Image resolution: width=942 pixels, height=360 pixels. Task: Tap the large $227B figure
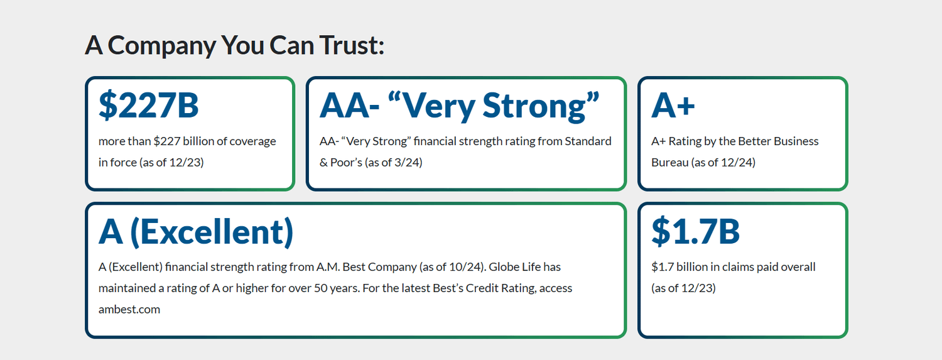click(148, 105)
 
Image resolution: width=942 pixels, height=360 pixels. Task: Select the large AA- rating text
click(349, 105)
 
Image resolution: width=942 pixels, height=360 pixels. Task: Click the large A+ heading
click(673, 105)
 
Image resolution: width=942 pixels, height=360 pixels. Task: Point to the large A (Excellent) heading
click(196, 232)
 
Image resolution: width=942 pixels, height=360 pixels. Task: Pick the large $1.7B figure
click(695, 231)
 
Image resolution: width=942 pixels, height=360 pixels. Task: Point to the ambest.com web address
click(129, 310)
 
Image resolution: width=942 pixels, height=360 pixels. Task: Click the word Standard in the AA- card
click(588, 141)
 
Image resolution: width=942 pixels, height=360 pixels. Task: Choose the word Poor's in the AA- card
click(346, 162)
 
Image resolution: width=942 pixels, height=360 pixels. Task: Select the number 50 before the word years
click(321, 288)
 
